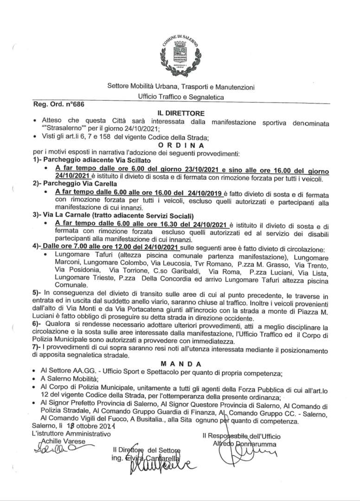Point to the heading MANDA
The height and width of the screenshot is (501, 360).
pyautogui.click(x=179, y=365)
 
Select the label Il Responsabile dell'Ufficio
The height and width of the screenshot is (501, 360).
pyautogui.click(x=241, y=437)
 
